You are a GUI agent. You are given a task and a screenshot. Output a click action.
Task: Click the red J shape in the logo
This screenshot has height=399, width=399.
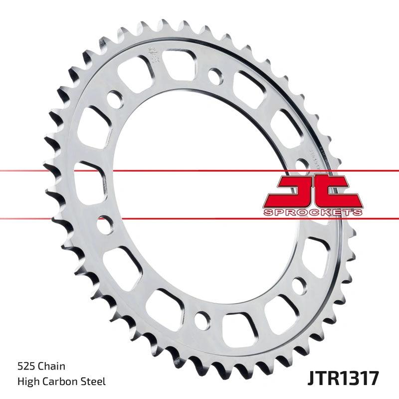click(x=294, y=192)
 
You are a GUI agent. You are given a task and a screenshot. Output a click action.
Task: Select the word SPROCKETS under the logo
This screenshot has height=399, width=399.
click(x=312, y=212)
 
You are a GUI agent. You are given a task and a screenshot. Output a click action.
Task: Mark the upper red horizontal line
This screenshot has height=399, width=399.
click(x=150, y=171)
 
